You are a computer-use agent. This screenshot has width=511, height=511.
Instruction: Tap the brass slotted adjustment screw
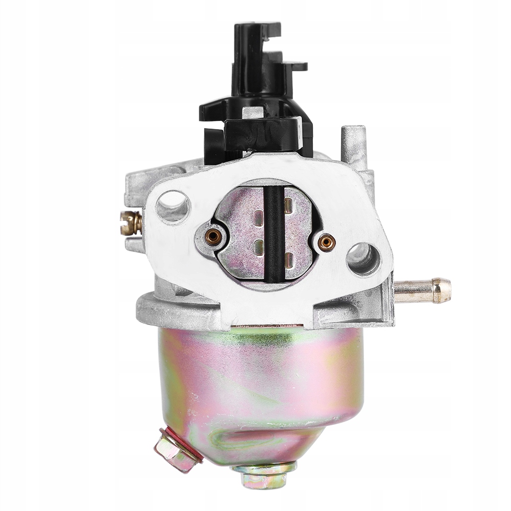pyautogui.click(x=131, y=223)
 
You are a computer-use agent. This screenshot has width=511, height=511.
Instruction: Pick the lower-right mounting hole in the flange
pyautogui.click(x=363, y=259)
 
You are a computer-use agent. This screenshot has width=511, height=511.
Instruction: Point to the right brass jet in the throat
pyautogui.click(x=326, y=242)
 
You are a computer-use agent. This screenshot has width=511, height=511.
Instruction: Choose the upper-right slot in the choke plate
pyautogui.click(x=289, y=205)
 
